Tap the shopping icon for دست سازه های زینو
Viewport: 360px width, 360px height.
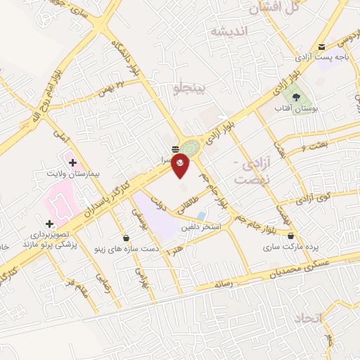(126, 238)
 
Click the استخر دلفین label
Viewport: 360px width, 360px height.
(202, 226)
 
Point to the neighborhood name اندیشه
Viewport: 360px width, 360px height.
(229, 32)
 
